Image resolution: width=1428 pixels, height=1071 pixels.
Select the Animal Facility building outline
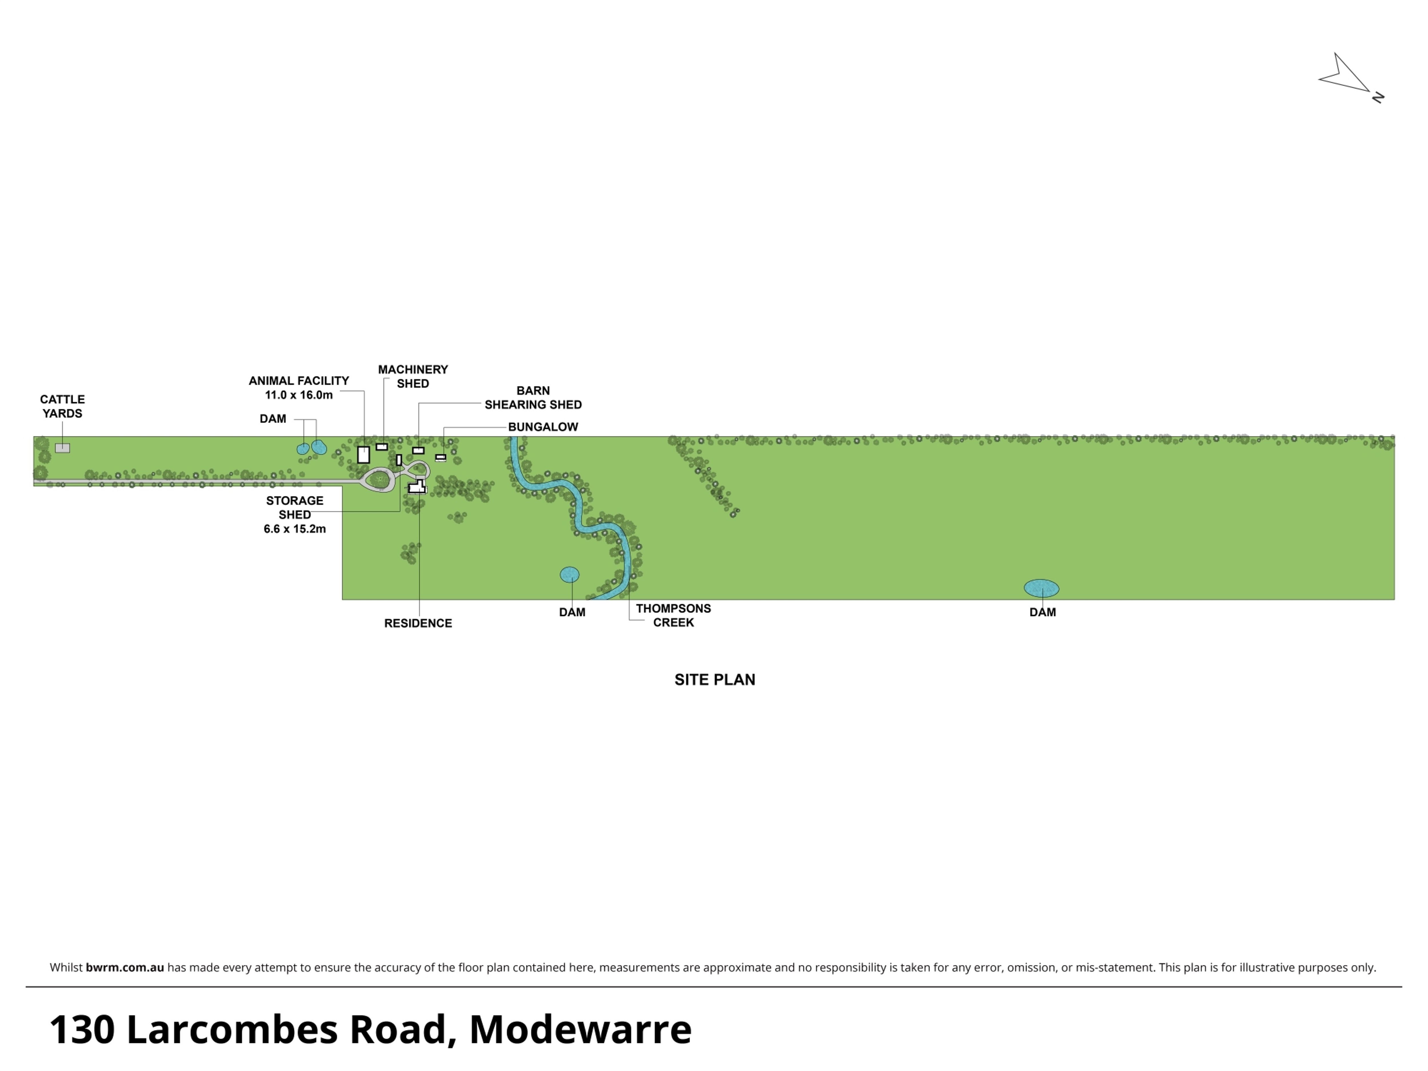tap(363, 455)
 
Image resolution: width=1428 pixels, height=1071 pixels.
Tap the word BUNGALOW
tap(543, 427)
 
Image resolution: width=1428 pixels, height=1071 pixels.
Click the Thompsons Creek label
tap(673, 615)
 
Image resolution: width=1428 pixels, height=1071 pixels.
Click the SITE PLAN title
tap(715, 679)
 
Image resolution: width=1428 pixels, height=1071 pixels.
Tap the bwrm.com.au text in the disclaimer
tap(125, 967)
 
